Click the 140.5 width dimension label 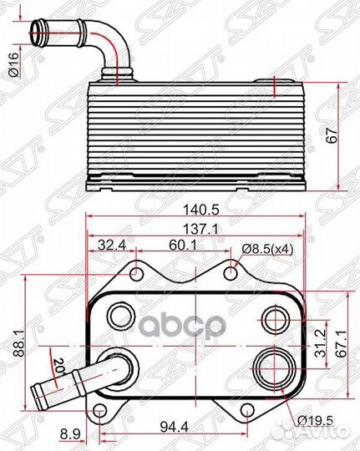195,213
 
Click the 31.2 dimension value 318,347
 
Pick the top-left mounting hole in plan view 136,271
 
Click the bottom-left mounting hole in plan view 101,411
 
